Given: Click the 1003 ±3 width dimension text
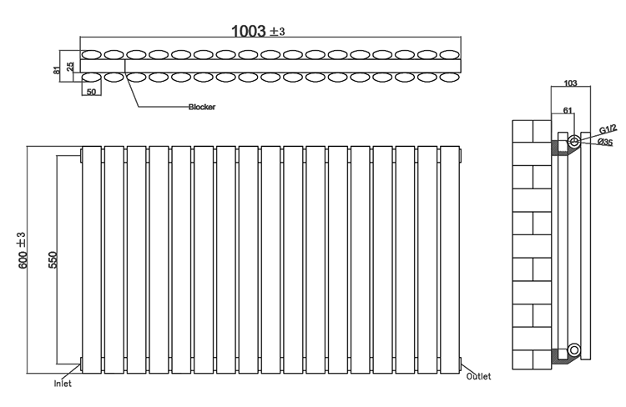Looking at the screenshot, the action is point(258,31).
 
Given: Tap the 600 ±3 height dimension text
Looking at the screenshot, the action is point(23,249).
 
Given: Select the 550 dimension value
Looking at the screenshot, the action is point(53,259).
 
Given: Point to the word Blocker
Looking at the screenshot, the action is point(202,107).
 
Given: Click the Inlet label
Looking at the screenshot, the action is point(63,384).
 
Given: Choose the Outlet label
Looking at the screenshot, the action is point(478,376).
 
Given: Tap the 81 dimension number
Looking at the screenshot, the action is point(57,69).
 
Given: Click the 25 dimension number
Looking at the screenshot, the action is point(70,66).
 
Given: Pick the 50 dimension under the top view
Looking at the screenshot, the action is point(91,92).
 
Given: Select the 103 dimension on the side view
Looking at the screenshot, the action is point(570,83).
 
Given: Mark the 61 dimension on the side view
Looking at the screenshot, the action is point(568,111).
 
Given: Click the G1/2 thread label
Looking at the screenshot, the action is point(608,129).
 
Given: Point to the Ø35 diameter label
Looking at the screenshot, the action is point(605,142).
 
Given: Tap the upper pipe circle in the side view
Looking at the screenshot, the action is point(574,141).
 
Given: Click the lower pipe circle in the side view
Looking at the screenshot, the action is point(574,349).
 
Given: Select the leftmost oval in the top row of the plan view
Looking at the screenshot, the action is point(92,54).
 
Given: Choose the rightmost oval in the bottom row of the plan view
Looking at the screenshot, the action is point(450,78).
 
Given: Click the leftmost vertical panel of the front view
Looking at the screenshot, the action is point(92,259).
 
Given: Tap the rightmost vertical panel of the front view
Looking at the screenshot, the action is point(450,259).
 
